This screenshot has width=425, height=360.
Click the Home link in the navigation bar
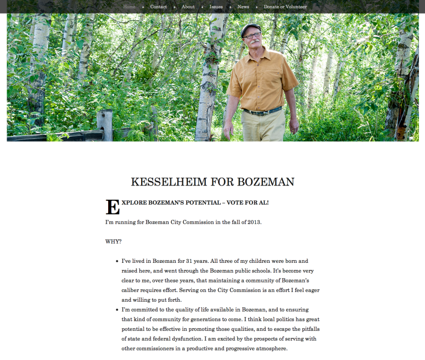point(129,7)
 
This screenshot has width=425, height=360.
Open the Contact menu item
point(158,7)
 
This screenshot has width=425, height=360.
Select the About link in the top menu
point(188,7)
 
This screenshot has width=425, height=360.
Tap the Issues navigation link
point(216,7)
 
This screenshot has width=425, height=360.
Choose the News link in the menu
point(243,7)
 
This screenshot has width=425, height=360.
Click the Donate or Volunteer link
point(285,7)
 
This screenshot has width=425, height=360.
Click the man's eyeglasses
point(253,36)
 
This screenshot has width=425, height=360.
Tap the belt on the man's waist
point(262,111)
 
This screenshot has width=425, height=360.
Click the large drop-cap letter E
point(112,206)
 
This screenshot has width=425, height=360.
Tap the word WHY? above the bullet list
point(113,241)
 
